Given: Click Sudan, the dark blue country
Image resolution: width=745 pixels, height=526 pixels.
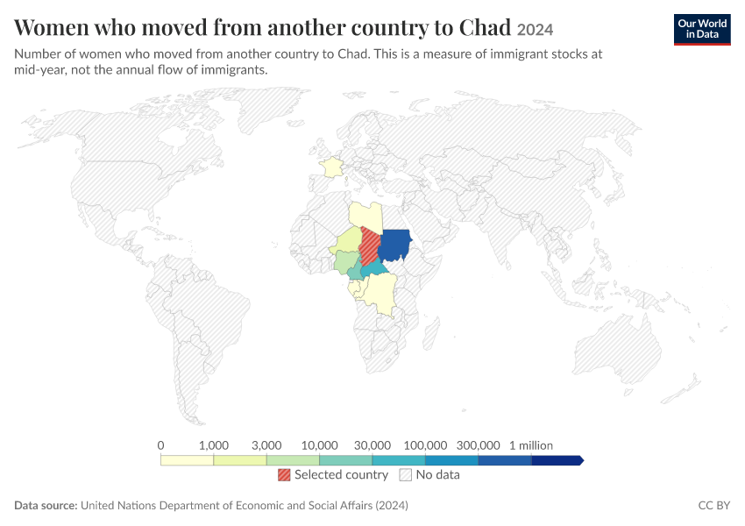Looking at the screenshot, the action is click(395, 245).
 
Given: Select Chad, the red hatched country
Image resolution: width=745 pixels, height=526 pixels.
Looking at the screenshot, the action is click(369, 246).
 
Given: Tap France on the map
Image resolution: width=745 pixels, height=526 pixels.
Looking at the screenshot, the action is click(331, 167).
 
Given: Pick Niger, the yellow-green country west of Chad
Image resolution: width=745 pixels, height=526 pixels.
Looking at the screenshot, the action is click(347, 240).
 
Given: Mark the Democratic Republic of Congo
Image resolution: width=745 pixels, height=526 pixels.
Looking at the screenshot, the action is click(381, 294).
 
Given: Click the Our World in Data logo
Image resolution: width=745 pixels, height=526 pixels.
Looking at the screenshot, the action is click(702, 30).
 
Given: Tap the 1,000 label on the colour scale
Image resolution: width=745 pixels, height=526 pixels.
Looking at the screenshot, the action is click(214, 445).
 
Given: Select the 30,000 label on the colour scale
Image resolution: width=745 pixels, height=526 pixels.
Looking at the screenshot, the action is click(372, 445).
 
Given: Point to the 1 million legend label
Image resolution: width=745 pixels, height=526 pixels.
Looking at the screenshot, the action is click(531, 445).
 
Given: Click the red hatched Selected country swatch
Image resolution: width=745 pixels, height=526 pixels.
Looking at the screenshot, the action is click(284, 474).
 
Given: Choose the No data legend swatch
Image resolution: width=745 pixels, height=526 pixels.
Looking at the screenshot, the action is click(406, 474).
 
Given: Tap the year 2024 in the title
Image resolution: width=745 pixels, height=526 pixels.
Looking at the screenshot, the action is click(535, 30).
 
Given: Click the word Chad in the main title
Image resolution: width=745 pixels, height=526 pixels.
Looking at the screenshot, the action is click(485, 27).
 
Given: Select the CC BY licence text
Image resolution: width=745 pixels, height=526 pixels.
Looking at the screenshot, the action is click(714, 505).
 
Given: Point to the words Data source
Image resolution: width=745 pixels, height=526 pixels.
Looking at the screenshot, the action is click(46, 505).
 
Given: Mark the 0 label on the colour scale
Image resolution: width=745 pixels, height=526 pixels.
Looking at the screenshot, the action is click(160, 445).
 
